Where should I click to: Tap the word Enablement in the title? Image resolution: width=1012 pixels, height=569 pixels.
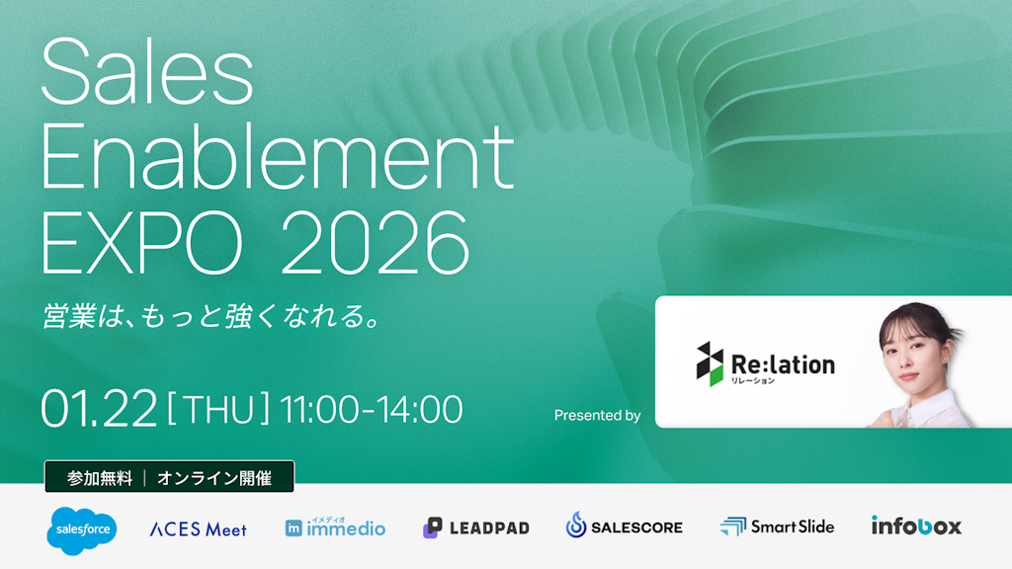[277, 160]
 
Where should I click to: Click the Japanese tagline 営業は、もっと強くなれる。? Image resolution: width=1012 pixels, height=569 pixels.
[212, 317]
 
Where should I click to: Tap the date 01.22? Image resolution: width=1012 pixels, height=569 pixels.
[99, 408]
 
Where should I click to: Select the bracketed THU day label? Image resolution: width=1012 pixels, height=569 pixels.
[218, 408]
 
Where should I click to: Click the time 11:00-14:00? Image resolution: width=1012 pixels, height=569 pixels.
[372, 408]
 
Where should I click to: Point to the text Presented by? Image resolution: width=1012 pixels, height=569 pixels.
[597, 415]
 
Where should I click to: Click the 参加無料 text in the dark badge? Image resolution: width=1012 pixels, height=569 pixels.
[100, 478]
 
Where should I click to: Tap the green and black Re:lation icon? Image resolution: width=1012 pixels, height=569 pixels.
[710, 363]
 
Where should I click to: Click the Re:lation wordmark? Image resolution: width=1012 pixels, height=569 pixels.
[784, 366]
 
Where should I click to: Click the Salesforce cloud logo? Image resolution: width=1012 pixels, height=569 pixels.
[81, 529]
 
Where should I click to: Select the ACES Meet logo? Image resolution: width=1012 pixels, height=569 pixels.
[198, 528]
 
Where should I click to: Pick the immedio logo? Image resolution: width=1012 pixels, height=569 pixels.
[335, 528]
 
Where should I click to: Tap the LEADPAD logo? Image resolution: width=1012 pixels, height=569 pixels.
[476, 528]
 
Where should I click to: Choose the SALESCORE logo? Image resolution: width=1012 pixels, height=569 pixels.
[625, 527]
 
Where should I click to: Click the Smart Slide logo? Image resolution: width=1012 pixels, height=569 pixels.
[778, 527]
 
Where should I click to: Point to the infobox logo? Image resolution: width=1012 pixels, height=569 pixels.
[916, 526]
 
